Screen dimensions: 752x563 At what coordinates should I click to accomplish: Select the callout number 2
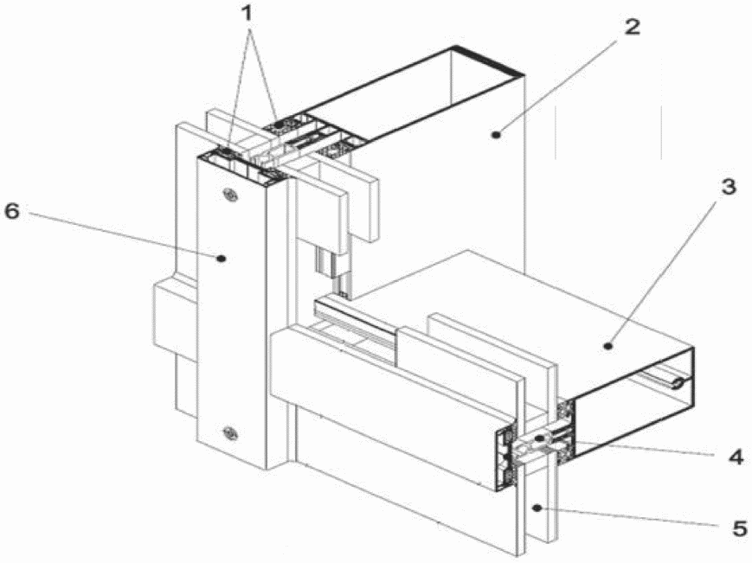(632, 27)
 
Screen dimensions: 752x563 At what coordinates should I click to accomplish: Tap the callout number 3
(728, 186)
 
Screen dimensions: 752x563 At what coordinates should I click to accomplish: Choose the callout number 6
(12, 211)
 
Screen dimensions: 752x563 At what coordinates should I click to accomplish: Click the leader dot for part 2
(497, 135)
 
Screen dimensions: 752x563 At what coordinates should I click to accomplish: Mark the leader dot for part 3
(608, 345)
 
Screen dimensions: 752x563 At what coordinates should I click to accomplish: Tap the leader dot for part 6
(221, 259)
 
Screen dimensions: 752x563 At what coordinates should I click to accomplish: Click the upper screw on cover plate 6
(231, 195)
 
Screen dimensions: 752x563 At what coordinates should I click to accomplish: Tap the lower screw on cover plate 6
(231, 433)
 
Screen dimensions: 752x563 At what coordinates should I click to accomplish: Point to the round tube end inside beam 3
(678, 383)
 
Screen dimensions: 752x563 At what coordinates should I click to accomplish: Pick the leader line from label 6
(121, 236)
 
